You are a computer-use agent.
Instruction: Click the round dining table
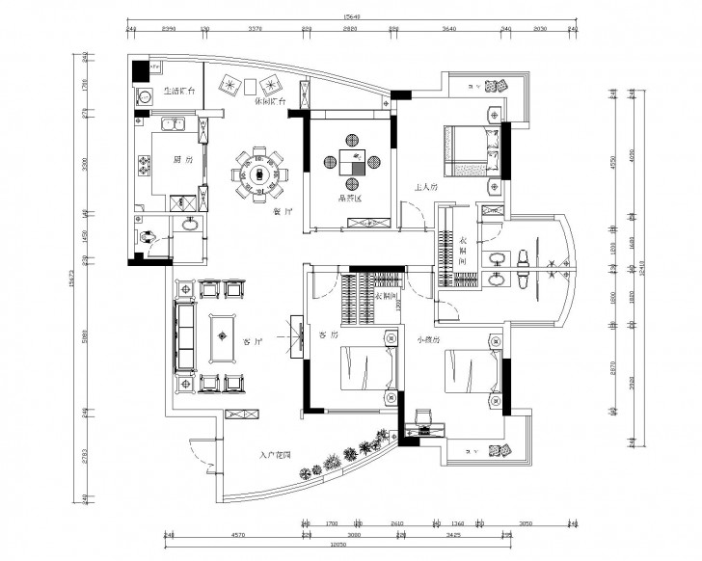click(258, 174)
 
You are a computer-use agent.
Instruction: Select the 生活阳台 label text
click(179, 92)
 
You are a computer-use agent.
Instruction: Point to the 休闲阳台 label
click(270, 101)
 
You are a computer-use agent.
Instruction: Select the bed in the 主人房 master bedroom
click(471, 151)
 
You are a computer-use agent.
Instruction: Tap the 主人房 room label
click(427, 188)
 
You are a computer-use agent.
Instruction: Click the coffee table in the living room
click(223, 337)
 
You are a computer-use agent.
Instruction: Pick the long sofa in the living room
click(183, 334)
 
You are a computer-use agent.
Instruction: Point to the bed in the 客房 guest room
click(365, 367)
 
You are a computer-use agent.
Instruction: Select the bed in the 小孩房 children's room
click(472, 373)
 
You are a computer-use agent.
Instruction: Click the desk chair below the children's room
click(424, 417)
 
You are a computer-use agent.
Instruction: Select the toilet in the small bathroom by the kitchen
click(148, 235)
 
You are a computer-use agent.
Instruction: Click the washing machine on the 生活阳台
click(146, 96)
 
